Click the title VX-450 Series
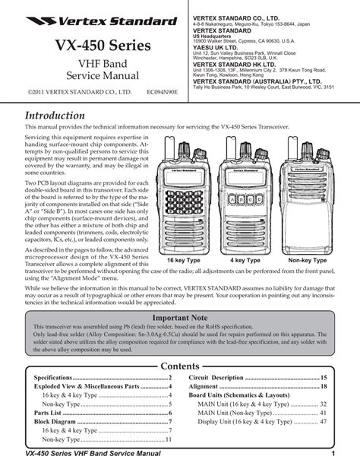(x=88, y=47)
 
